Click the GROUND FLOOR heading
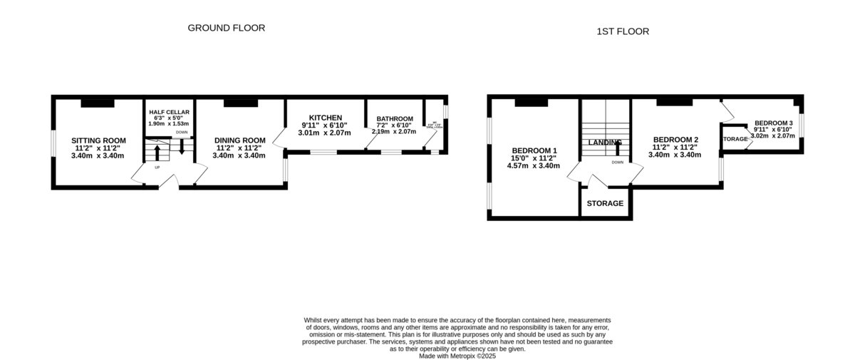click(226, 28)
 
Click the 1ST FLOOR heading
click(623, 31)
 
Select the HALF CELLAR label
click(169, 112)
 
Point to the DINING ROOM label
click(240, 140)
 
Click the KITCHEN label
click(326, 118)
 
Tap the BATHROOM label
click(395, 118)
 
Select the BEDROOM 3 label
click(774, 123)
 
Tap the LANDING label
click(605, 142)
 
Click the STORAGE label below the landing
click(605, 203)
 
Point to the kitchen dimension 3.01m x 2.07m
click(326, 133)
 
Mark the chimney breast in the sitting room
click(97, 103)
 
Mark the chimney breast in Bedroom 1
click(531, 103)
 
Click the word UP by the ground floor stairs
click(157, 168)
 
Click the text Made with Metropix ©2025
click(457, 356)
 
